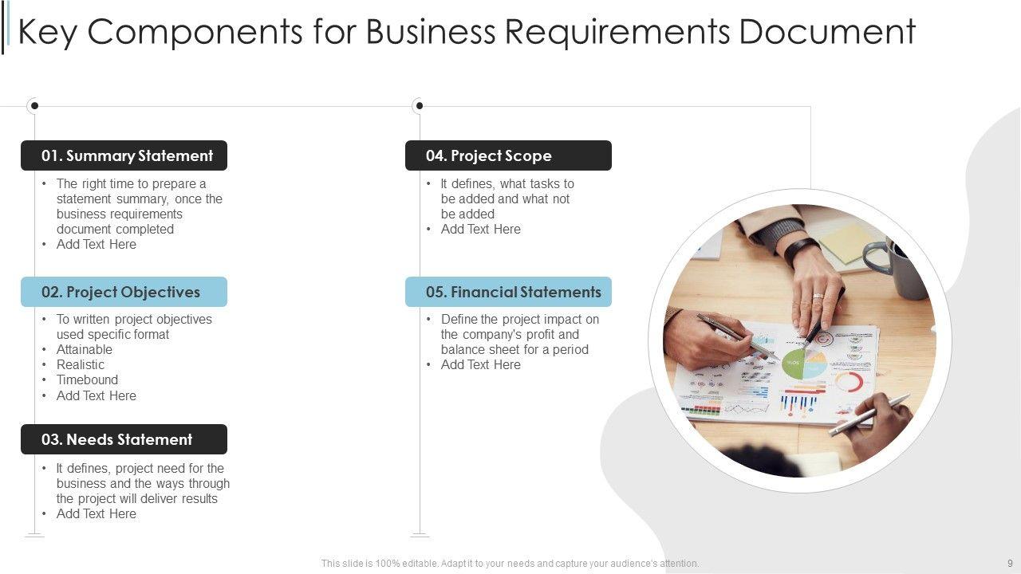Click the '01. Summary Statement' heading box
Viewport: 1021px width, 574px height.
pyautogui.click(x=124, y=155)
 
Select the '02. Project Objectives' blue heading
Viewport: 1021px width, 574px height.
pyautogui.click(x=124, y=292)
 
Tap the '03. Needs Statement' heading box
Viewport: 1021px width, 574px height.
pyautogui.click(x=124, y=439)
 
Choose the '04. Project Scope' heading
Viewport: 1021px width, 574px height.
pyautogui.click(x=508, y=155)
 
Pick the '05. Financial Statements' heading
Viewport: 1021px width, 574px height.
pyautogui.click(x=508, y=292)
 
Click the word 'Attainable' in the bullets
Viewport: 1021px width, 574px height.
pyautogui.click(x=85, y=349)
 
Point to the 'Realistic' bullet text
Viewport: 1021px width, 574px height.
pyautogui.click(x=81, y=364)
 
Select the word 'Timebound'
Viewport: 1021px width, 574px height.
pyautogui.click(x=87, y=379)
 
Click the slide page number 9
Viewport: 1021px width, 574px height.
pyautogui.click(x=1010, y=563)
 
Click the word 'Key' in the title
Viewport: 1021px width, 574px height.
pyautogui.click(x=47, y=32)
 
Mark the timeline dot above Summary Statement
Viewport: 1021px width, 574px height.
pyautogui.click(x=34, y=105)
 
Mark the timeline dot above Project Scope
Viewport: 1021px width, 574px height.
pyautogui.click(x=420, y=105)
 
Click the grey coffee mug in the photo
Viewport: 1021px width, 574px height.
pyautogui.click(x=901, y=267)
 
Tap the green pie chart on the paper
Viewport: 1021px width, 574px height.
pyautogui.click(x=794, y=364)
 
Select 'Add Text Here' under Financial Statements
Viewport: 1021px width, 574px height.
pyautogui.click(x=480, y=364)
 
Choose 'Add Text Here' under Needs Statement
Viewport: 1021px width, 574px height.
pyautogui.click(x=96, y=513)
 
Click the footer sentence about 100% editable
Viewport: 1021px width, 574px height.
pyautogui.click(x=510, y=563)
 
